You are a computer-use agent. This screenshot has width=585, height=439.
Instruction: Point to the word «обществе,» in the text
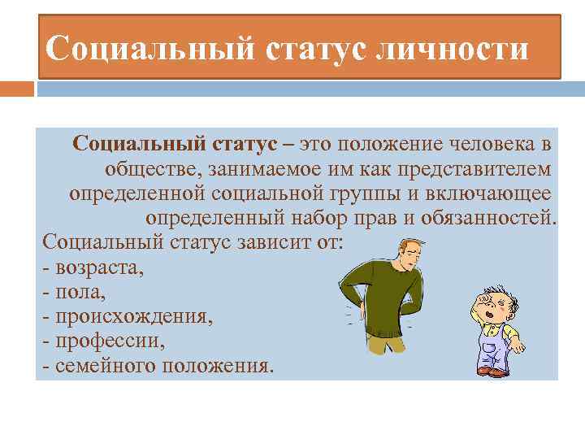(152, 169)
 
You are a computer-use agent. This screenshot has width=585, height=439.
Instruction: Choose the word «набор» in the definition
(363, 219)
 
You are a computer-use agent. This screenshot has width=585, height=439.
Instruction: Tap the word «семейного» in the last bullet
(105, 365)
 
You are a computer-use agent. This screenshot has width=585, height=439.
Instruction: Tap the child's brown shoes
(492, 371)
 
